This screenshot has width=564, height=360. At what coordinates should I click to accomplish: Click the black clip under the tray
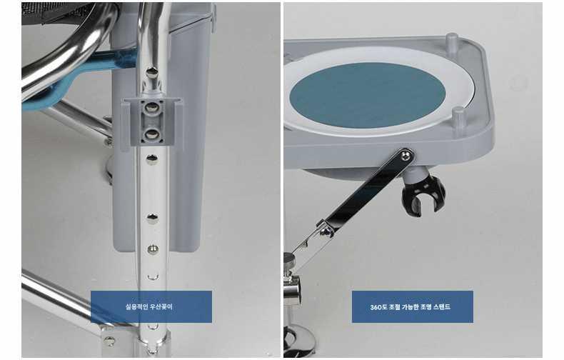[423, 195]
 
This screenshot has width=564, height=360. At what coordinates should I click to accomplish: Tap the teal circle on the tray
[367, 96]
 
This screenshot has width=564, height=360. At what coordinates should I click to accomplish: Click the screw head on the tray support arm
[407, 155]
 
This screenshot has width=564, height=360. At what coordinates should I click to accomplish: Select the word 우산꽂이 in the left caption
[160, 306]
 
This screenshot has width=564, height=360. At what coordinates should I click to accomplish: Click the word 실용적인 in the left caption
[136, 306]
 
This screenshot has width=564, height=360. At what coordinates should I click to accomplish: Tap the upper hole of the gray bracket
[152, 107]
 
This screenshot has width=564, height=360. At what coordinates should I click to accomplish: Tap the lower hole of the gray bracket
[152, 134]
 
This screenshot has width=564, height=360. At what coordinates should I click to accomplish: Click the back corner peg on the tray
[452, 41]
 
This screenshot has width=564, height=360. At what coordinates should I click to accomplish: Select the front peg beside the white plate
[458, 116]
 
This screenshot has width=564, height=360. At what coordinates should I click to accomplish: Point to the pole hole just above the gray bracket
[152, 72]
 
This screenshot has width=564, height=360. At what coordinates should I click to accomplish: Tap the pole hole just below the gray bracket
[152, 159]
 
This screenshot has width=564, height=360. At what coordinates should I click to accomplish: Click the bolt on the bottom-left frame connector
[109, 340]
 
